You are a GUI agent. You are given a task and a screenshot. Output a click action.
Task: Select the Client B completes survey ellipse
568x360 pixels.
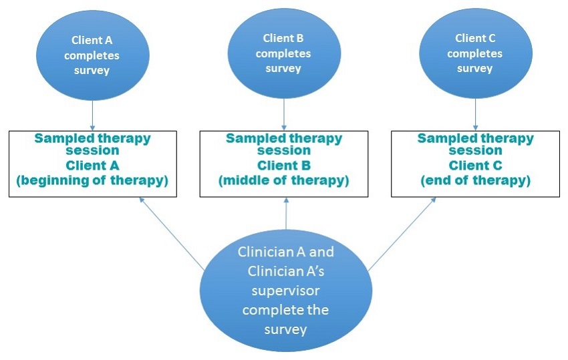point(283,53)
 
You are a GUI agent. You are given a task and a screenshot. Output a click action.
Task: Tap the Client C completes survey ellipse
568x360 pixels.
point(474,53)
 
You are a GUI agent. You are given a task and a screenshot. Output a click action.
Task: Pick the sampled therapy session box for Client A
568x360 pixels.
point(93,164)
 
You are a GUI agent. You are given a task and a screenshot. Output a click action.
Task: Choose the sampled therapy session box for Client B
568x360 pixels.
point(284,164)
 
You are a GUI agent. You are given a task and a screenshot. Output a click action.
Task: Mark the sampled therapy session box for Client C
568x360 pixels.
point(475,164)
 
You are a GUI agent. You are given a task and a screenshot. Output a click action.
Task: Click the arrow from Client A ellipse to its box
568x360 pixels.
point(92,115)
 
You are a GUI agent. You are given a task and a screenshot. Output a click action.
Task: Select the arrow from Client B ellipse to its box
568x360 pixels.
point(284,114)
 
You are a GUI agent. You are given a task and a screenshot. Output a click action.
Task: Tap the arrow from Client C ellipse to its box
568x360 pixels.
point(475,114)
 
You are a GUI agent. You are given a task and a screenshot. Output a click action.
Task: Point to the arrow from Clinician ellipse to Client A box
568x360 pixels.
point(172,234)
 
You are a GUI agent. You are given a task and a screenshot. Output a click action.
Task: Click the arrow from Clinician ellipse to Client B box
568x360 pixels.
point(286,214)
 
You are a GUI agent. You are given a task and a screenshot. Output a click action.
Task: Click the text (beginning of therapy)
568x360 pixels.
point(93,181)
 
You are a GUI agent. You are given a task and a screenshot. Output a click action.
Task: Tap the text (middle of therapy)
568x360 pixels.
point(284,181)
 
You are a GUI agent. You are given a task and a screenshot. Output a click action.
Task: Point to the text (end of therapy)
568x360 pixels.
point(475,181)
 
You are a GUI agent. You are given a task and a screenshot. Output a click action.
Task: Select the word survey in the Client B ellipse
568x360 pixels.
point(283,68)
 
